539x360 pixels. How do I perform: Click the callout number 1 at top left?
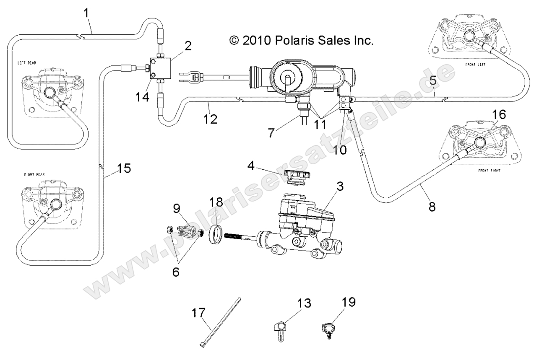click(x=86, y=13)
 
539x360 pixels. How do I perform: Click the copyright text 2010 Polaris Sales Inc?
click(x=301, y=40)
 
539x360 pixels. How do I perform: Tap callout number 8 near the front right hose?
click(x=432, y=207)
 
